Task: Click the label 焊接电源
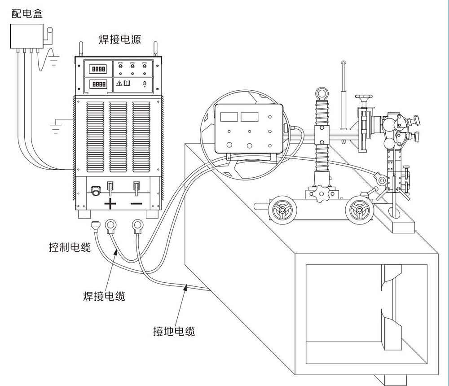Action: click(x=120, y=39)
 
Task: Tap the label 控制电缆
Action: click(x=70, y=247)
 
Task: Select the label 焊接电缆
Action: click(x=104, y=297)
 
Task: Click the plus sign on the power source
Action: click(x=110, y=204)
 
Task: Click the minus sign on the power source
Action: click(x=136, y=204)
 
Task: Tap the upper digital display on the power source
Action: click(x=98, y=69)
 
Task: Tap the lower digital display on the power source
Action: click(x=98, y=84)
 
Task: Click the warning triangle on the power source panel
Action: click(x=119, y=83)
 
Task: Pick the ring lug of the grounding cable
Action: click(x=137, y=224)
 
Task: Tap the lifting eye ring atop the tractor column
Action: click(x=322, y=93)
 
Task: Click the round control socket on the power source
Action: click(x=96, y=191)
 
